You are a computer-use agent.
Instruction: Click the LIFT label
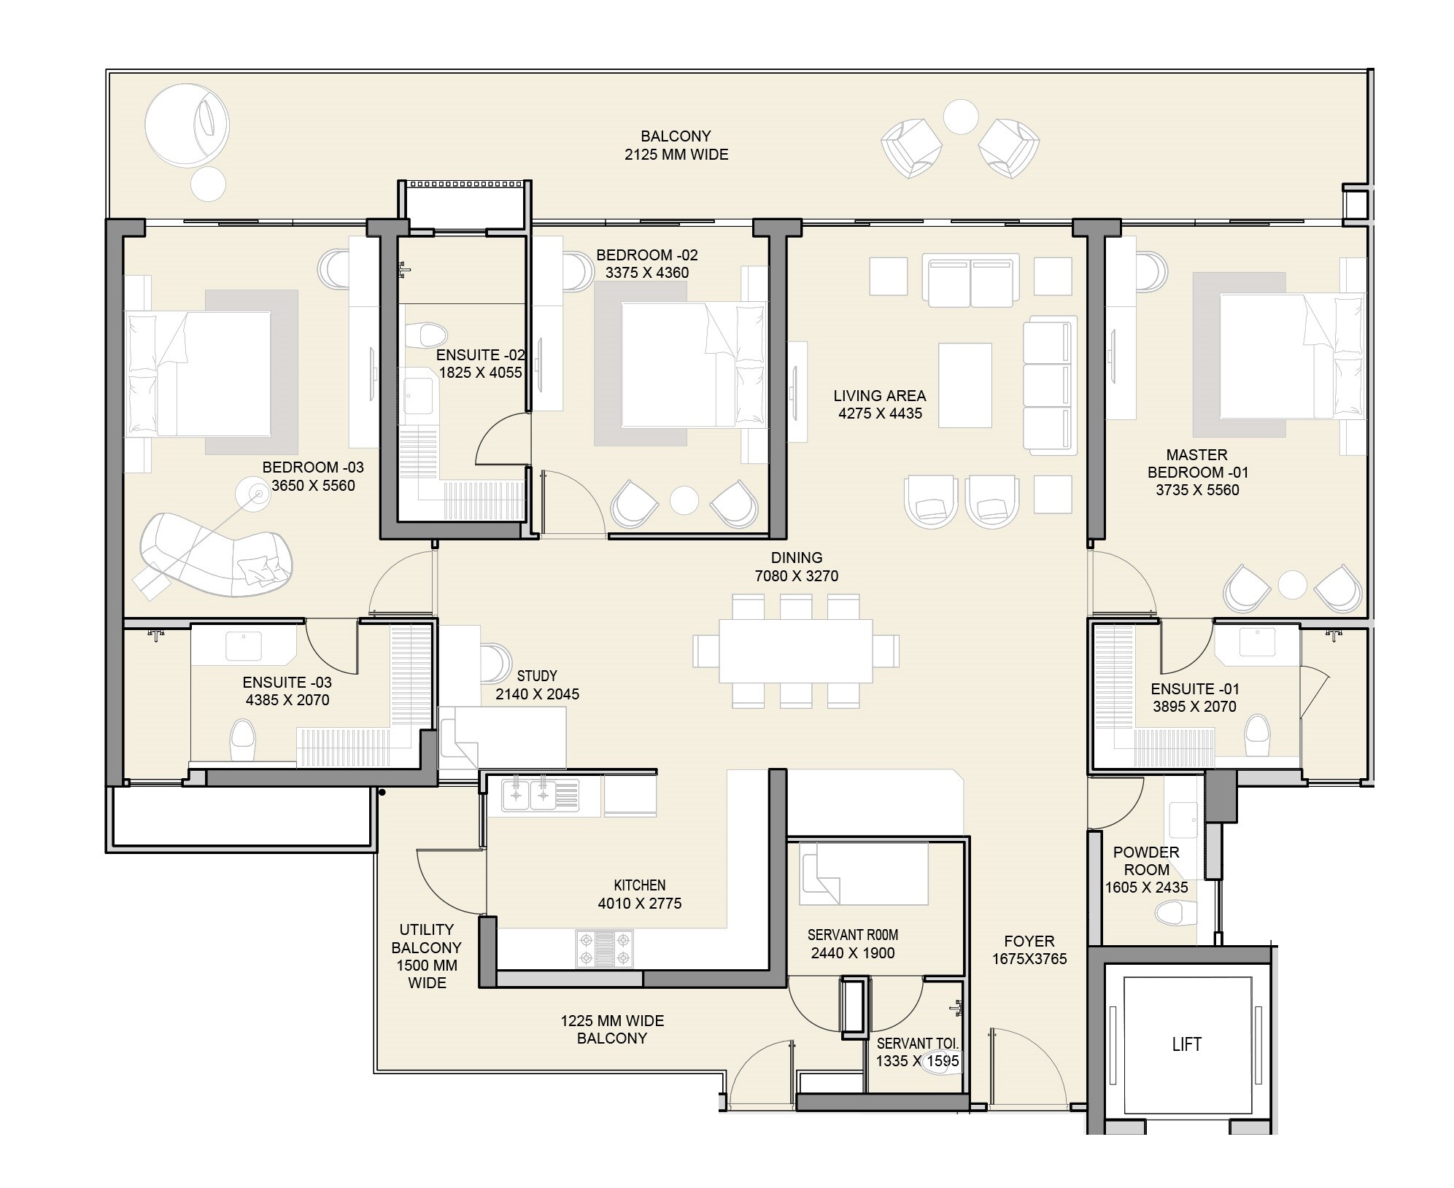click(x=1186, y=1044)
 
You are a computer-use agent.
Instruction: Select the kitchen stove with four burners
click(x=604, y=948)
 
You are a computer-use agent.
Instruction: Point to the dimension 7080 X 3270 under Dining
click(x=796, y=576)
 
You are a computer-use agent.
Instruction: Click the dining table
click(x=795, y=651)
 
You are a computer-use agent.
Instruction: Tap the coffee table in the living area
click(x=964, y=385)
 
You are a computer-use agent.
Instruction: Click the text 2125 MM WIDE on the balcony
click(x=676, y=155)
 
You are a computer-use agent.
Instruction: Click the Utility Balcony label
click(x=427, y=955)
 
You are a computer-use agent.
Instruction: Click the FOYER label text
click(x=1029, y=942)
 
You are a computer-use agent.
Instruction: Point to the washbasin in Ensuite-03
click(x=244, y=646)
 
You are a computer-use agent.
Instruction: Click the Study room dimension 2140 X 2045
click(x=537, y=694)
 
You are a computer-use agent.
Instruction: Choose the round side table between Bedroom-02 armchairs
click(x=684, y=500)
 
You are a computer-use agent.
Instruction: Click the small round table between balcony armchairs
click(x=960, y=117)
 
